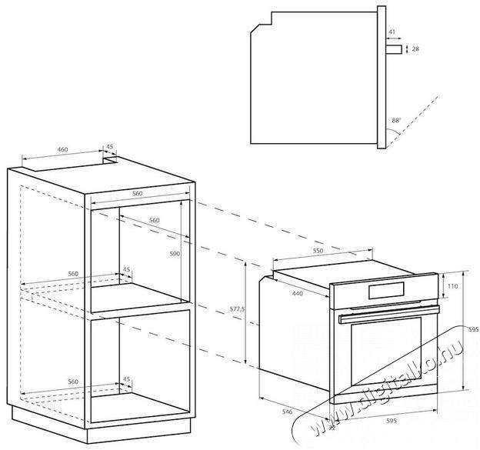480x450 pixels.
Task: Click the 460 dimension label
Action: [x=62, y=148]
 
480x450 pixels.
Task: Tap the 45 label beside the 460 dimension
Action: [x=109, y=146]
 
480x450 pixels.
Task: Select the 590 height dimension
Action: [x=175, y=254]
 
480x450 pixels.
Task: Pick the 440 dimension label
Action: [x=298, y=293]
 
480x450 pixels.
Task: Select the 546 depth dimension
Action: [x=287, y=412]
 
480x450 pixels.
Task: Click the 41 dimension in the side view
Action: [x=392, y=32]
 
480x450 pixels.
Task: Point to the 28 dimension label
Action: [x=415, y=48]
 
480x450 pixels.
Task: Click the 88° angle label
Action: [x=395, y=120]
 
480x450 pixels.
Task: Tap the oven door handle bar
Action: [x=388, y=312]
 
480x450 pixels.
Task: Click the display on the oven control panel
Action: [x=388, y=290]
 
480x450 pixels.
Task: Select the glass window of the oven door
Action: [x=385, y=357]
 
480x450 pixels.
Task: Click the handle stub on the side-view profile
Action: [x=393, y=49]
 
